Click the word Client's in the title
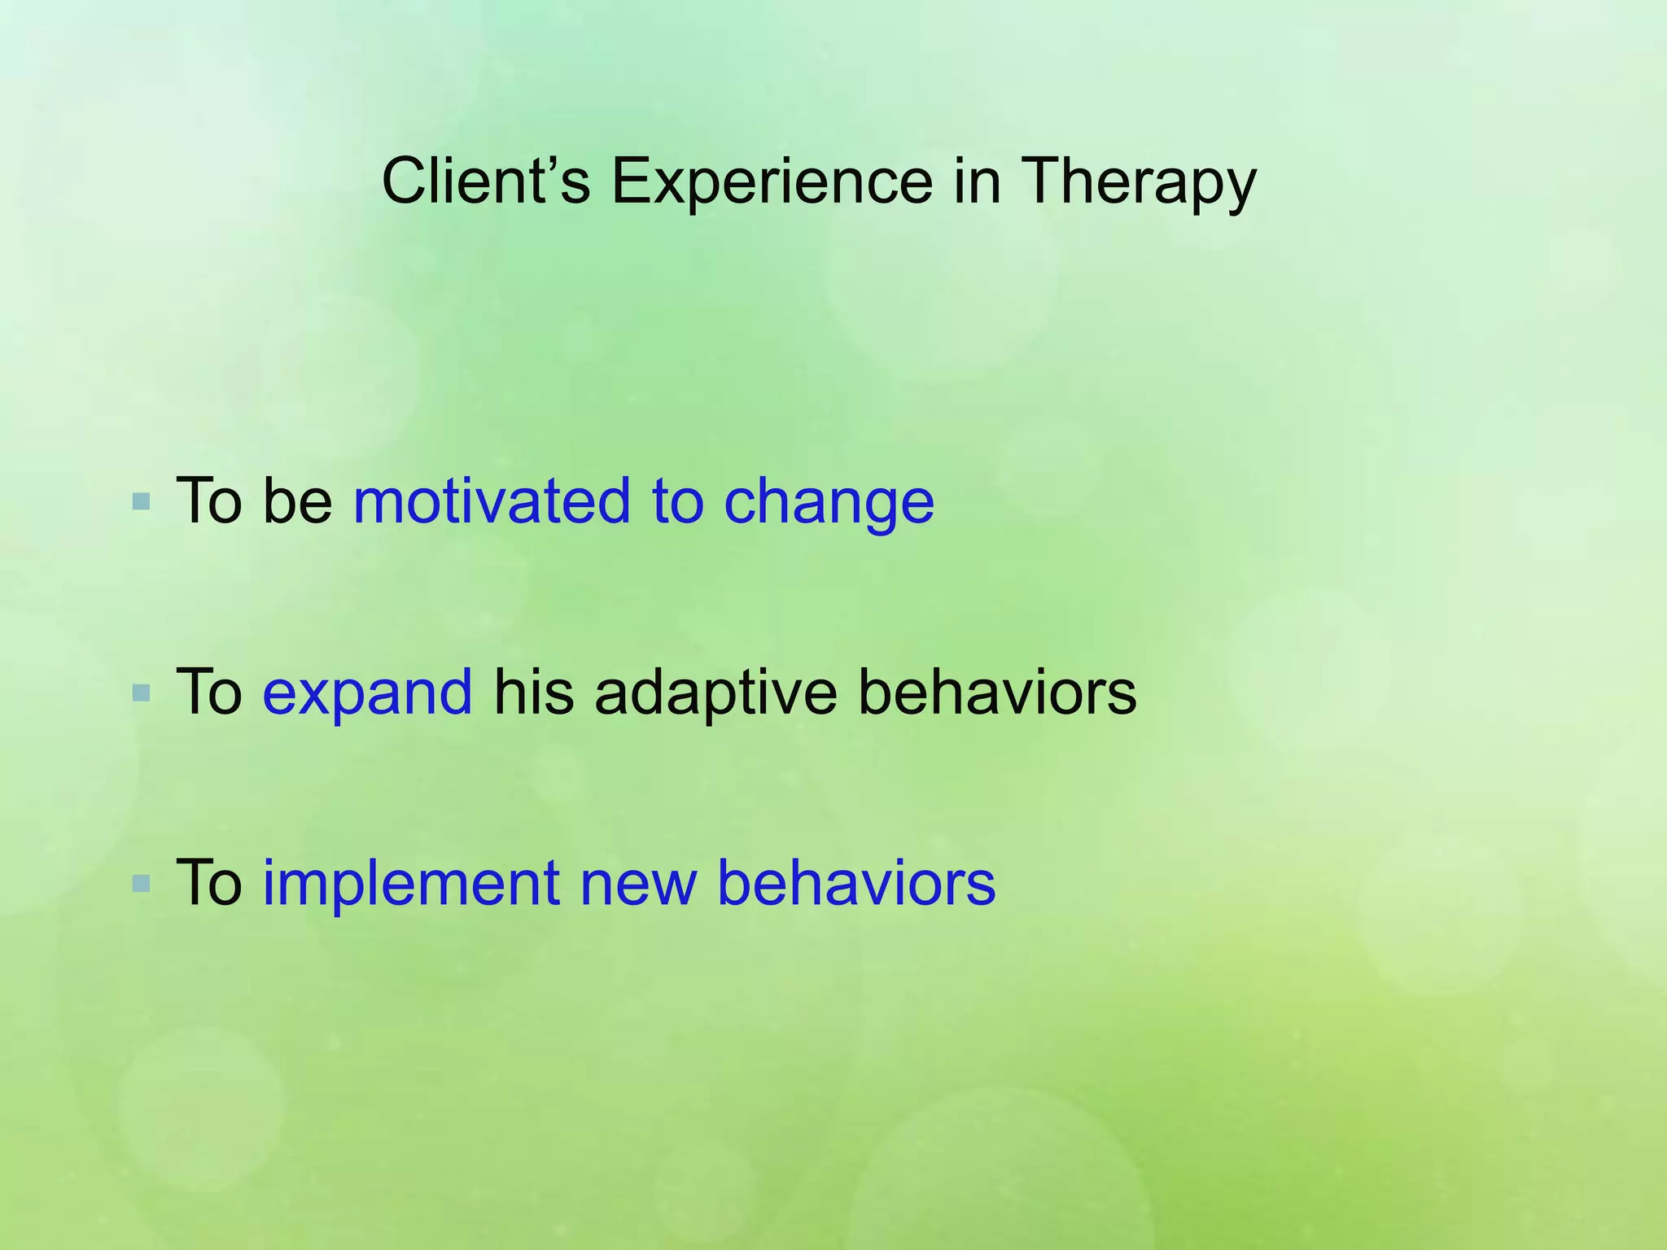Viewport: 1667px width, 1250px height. tap(486, 181)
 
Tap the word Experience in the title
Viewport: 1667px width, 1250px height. tap(772, 181)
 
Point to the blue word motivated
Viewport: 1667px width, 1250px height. tap(492, 501)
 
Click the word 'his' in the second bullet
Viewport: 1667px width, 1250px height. tap(534, 692)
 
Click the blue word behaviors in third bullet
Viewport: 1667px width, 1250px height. tap(855, 883)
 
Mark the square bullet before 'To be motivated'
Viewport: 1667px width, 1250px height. tap(141, 501)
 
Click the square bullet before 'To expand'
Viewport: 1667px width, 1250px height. tap(141, 693)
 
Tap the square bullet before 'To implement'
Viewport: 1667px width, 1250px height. tap(141, 884)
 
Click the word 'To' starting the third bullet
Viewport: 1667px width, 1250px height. tap(209, 883)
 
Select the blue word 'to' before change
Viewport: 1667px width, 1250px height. tap(677, 501)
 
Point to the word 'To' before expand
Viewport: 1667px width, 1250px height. tap(209, 692)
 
